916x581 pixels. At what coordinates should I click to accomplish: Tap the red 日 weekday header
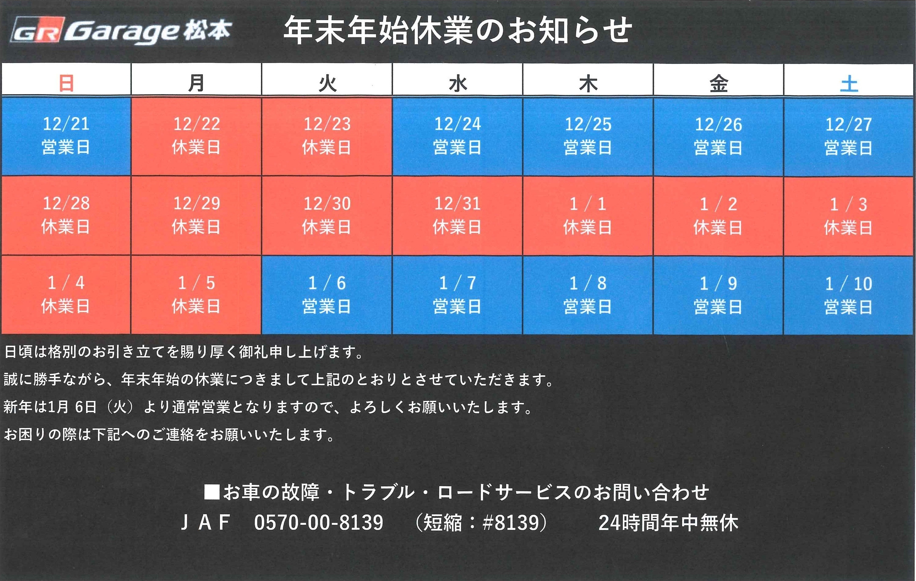click(x=66, y=83)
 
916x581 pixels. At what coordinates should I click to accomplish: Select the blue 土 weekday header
click(x=849, y=84)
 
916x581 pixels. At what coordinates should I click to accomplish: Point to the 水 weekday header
click(x=458, y=84)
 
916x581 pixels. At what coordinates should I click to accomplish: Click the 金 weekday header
click(x=718, y=84)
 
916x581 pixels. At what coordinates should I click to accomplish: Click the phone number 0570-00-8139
click(x=319, y=523)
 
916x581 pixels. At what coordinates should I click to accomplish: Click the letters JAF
click(x=205, y=523)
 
